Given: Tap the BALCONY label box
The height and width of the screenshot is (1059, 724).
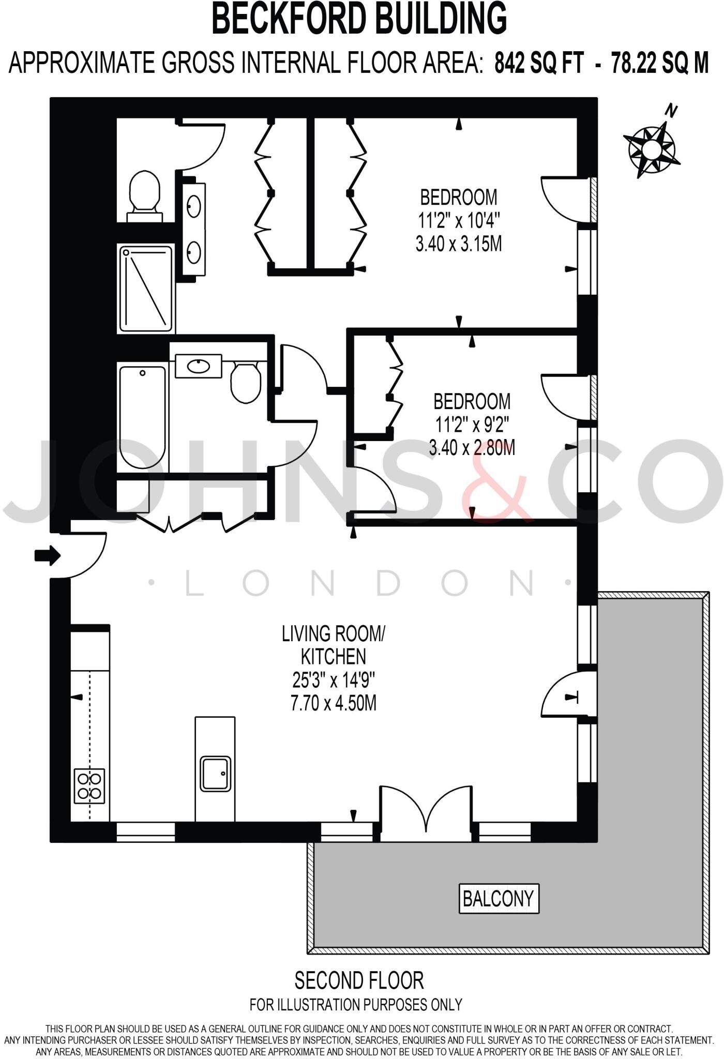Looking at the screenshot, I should click(x=499, y=899).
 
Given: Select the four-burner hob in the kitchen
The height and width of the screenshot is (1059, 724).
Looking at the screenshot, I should click(x=89, y=786).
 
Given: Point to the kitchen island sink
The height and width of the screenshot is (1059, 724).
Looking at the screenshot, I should click(x=216, y=774).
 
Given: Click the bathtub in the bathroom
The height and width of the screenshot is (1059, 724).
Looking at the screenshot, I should click(x=143, y=416).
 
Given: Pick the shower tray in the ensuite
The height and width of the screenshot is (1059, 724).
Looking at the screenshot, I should click(x=146, y=289).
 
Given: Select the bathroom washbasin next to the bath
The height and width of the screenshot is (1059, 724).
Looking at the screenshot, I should click(x=199, y=366).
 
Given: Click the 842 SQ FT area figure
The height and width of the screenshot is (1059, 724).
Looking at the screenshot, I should click(x=538, y=63).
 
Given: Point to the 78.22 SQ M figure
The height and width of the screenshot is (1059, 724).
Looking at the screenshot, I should click(x=659, y=63).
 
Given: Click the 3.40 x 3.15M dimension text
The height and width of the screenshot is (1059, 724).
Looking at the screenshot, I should click(x=458, y=244).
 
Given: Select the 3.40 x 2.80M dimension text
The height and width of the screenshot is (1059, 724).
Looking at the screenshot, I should click(x=472, y=447).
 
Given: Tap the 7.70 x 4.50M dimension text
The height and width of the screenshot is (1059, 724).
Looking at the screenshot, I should click(x=334, y=703).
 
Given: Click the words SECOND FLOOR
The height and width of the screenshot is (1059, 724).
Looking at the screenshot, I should click(x=359, y=980).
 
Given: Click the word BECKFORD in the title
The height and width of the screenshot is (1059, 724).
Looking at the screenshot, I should click(x=289, y=19).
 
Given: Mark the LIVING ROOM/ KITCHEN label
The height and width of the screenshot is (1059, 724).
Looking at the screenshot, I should click(x=334, y=645).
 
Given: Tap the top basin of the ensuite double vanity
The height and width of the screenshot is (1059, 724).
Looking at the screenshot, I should click(x=194, y=206).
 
